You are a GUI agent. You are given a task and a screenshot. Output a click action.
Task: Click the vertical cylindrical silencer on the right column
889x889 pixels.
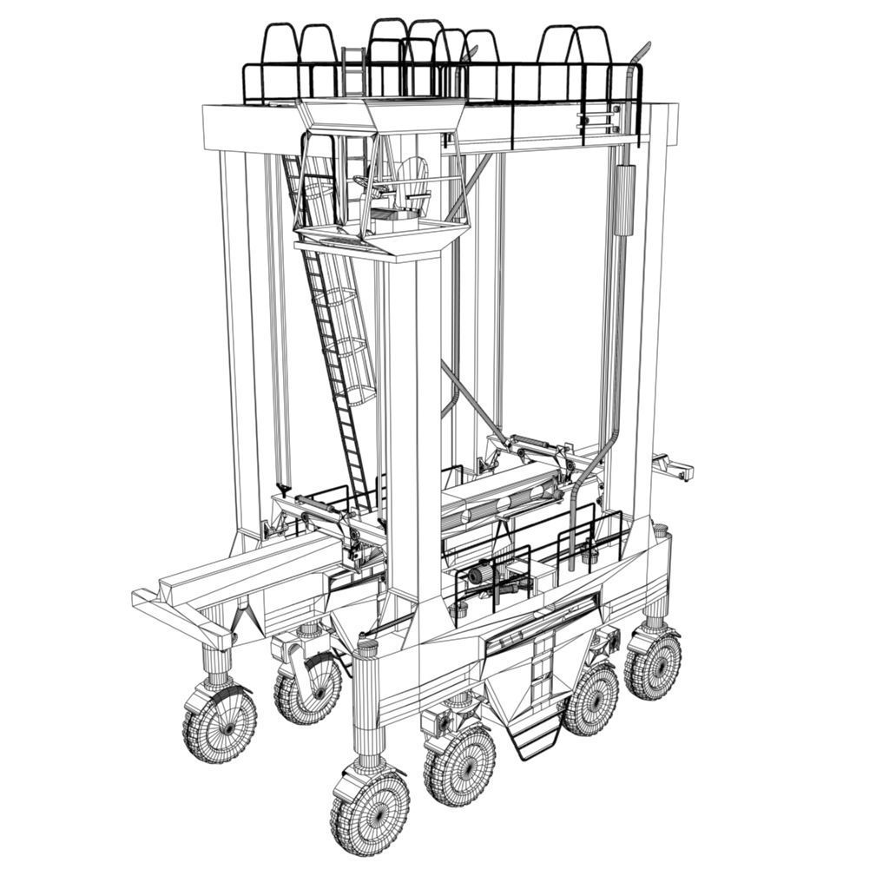coord(625,200)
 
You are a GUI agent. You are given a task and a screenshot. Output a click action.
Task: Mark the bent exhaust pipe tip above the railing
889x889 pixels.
coord(640,52)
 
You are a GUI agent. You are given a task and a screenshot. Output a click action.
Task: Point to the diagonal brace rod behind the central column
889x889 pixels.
coord(473,404)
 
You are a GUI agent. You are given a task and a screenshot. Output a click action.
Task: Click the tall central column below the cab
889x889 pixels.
coord(413,417)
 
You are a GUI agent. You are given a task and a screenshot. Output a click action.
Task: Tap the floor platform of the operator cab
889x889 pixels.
coord(382,239)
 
